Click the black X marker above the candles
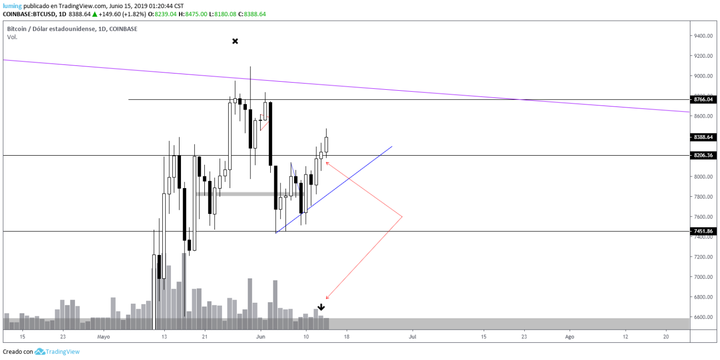[x=235, y=41]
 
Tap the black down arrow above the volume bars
[x=321, y=307]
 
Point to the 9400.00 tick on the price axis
[x=704, y=36]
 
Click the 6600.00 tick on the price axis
[x=704, y=317]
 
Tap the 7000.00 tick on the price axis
[x=704, y=277]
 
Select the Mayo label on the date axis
[x=103, y=337]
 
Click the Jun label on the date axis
[x=261, y=337]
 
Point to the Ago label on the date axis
[x=569, y=337]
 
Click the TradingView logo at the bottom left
[x=57, y=351]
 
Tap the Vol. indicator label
[x=12, y=37]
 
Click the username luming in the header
[x=12, y=6]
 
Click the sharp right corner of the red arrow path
[x=402, y=217]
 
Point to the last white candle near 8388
[x=327, y=145]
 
